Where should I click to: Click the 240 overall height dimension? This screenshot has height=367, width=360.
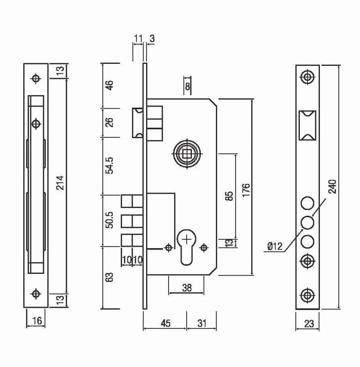point(332,186)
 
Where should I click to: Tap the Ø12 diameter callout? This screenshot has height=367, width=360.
point(275,246)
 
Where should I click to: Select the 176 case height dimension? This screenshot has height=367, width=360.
point(246,190)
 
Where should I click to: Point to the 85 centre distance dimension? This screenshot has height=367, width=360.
point(230,196)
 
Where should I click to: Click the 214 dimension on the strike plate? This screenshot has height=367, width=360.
point(60,183)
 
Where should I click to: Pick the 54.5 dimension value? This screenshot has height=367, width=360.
point(109,165)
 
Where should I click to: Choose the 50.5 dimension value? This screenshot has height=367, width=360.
point(109,220)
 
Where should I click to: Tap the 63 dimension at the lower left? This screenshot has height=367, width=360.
point(109,277)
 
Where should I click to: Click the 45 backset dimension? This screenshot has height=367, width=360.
point(166,323)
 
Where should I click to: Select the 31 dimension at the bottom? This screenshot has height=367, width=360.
point(202,323)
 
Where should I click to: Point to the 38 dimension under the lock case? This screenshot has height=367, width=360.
point(187,288)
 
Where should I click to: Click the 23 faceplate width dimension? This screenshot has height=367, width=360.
point(309,324)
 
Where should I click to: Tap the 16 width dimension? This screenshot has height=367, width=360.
point(37,321)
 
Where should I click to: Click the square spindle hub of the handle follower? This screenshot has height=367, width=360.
point(187,154)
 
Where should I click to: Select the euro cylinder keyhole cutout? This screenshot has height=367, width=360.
point(187,247)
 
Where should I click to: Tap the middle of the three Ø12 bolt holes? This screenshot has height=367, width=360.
point(308,222)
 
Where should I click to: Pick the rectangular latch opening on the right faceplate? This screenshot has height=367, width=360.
point(308,126)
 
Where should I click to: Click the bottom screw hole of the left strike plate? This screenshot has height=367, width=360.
point(36,293)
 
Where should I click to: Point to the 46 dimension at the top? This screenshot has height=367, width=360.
point(109,85)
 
